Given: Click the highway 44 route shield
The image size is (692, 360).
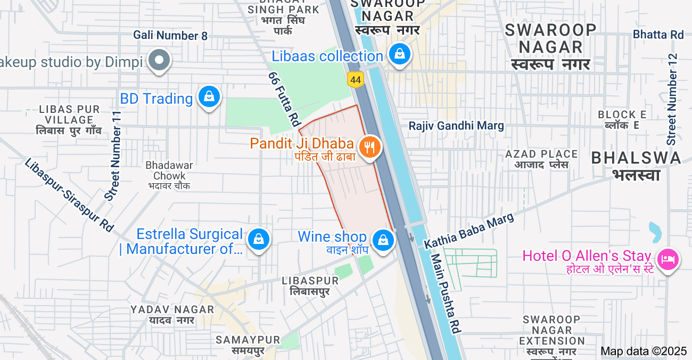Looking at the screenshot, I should point(356,80).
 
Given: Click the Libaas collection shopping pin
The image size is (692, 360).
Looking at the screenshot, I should point(399,54).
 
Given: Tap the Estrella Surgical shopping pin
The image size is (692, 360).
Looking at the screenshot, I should point(259,239).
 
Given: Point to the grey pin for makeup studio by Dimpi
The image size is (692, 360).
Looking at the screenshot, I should point(159,60).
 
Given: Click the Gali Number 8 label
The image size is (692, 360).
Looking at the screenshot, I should point(170,36).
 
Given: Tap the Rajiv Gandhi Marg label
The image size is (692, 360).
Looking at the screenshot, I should point(456,126).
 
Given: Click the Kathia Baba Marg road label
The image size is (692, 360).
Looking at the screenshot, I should point(469,231).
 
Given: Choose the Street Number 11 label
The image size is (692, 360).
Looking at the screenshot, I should point(113,156).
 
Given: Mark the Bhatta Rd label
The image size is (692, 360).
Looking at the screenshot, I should point(658,35).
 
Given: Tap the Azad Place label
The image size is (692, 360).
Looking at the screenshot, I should point(541,159).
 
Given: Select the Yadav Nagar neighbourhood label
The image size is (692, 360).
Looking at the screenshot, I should point(172,315).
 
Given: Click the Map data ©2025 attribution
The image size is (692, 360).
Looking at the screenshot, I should point(644,351).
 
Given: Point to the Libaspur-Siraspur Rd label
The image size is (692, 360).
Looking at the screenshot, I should point(69,195).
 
